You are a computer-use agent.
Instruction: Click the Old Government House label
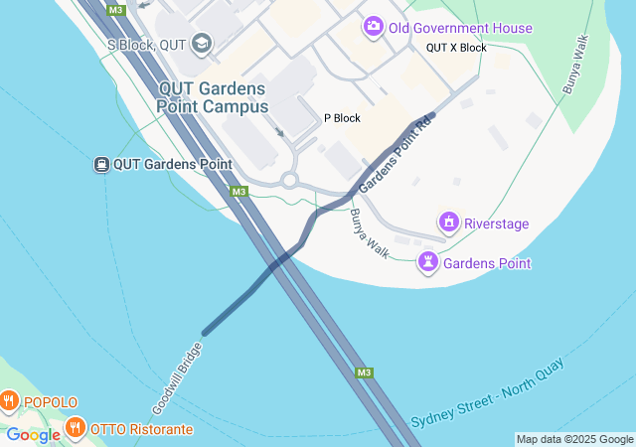[460, 29]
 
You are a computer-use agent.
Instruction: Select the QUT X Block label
[456, 48]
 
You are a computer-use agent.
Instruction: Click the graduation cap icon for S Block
[203, 43]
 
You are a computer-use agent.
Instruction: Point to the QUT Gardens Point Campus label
[213, 96]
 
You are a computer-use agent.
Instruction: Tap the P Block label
[342, 118]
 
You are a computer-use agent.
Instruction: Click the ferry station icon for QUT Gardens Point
[101, 164]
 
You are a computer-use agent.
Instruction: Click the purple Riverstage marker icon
[448, 221]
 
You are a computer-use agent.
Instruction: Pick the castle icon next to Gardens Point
[428, 262]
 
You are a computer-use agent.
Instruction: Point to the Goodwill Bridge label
[178, 378]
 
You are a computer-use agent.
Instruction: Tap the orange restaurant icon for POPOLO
[9, 401]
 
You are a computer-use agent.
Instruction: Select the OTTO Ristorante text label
[141, 430]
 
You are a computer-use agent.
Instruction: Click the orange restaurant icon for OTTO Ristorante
[75, 429]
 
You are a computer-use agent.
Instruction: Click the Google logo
[33, 435]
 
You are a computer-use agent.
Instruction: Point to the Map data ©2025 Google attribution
[574, 439]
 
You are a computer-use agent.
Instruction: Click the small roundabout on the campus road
[289, 181]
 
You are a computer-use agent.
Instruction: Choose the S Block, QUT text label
[148, 45]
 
